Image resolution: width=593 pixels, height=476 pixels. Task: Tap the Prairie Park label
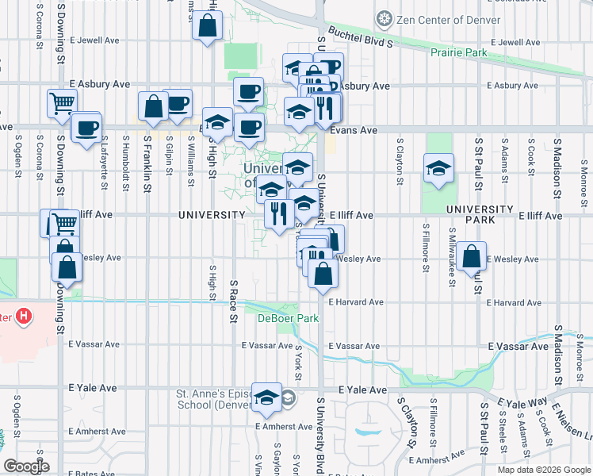459,53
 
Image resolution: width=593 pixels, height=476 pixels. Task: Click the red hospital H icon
25,317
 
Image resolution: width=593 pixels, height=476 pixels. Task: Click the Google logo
25,466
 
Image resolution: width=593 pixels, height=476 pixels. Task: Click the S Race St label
234,301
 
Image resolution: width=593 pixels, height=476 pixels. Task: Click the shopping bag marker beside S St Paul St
471,255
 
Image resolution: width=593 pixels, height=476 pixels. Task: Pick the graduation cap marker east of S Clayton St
437,168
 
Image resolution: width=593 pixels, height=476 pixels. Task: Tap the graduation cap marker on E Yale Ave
267,397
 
